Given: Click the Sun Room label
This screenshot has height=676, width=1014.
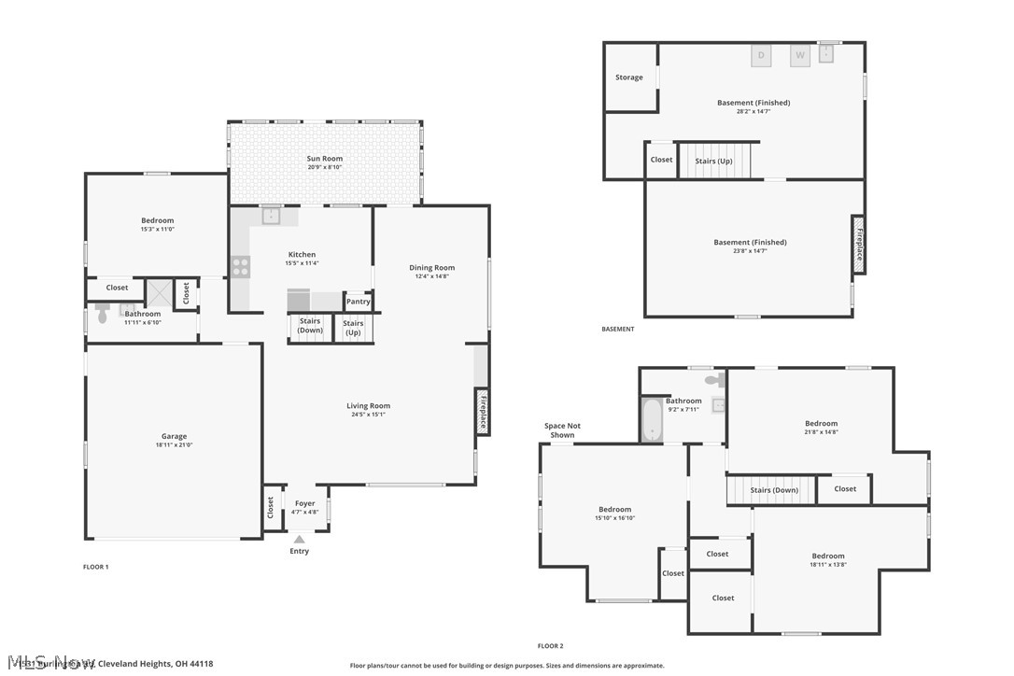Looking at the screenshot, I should pos(325,159).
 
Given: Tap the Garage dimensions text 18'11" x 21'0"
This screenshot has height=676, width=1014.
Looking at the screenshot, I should pos(174,445).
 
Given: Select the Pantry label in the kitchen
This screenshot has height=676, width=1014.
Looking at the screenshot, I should pos(359,302).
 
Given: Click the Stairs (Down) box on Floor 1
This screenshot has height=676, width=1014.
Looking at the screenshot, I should pos(310,326).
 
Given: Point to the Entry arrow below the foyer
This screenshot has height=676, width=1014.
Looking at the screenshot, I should pos(299,539).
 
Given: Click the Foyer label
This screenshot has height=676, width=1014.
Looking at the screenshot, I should pos(305,503).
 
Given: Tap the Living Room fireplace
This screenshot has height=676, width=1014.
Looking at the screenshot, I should pos(483,412).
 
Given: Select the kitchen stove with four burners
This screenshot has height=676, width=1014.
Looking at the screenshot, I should pos(241,267).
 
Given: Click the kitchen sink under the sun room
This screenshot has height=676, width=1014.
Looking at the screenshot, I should pos(271,217).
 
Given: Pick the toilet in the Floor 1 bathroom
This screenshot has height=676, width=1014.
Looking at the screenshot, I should pos(103,316).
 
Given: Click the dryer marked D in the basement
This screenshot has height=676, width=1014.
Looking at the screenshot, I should pos(761,56).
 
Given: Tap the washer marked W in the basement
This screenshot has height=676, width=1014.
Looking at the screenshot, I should pos(800,56).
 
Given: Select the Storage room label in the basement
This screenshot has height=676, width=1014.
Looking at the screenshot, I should pos(628,77).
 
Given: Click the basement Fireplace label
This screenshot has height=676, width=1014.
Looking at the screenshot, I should pos(859,245).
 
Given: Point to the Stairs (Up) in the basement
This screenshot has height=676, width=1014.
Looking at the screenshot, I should pos(713,161).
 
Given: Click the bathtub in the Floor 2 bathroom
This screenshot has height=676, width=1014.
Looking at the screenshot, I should pos(651,419).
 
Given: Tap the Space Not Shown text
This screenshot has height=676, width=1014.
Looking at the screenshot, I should pos(562,430).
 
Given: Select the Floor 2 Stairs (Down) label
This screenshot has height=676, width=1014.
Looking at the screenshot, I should pos(774,490).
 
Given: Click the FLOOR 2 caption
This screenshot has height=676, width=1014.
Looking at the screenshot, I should pos(550,646).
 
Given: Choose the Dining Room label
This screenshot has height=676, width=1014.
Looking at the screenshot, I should pos(431,268).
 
